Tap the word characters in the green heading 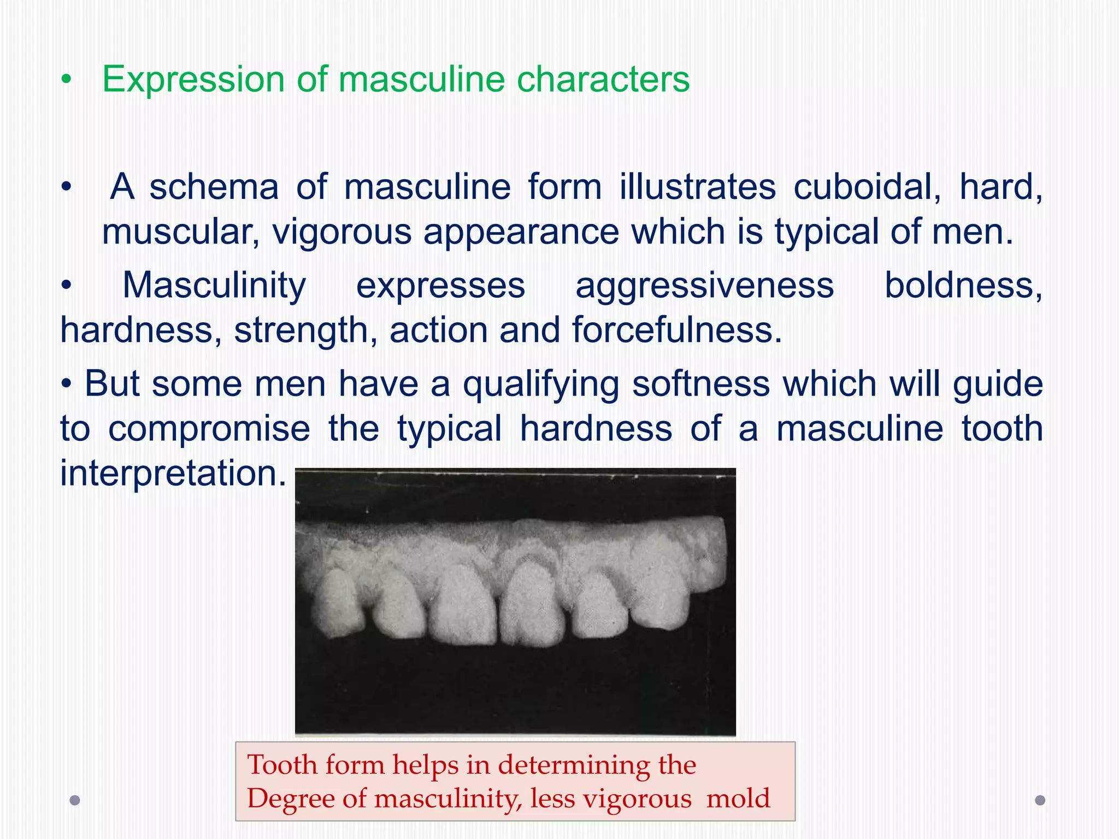[603, 80]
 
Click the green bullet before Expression [66, 80]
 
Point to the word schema [214, 187]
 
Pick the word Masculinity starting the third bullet [214, 286]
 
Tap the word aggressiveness [704, 286]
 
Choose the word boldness [963, 286]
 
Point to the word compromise [209, 429]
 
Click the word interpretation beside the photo [173, 473]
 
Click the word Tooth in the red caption [282, 765]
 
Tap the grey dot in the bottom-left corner [75, 800]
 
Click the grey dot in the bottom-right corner [1040, 800]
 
